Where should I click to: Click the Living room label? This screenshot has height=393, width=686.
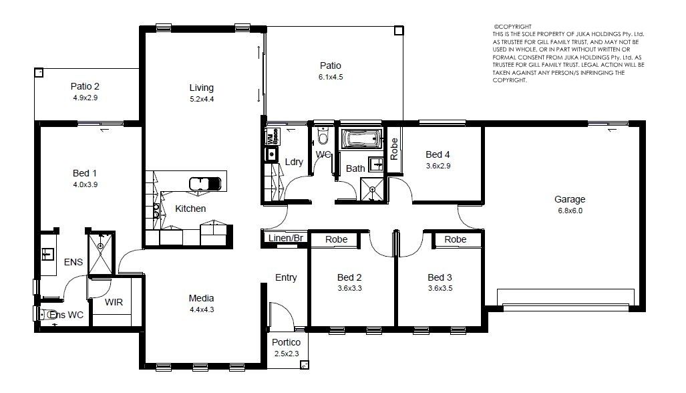[x=201, y=88]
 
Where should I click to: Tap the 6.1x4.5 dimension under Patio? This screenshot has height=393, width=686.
[x=331, y=77]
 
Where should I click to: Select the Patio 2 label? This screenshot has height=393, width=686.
[x=85, y=86]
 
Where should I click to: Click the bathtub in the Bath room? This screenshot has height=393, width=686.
[x=361, y=139]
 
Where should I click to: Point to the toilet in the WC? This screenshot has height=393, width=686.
[x=323, y=135]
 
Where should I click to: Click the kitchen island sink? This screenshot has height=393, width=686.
[x=205, y=184]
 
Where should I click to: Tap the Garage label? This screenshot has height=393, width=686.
[x=570, y=200]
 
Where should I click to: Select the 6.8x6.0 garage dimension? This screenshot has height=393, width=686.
[x=570, y=211]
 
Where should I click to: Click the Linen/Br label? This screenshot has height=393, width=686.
[x=286, y=238]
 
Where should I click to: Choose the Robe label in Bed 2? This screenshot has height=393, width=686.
[x=337, y=239]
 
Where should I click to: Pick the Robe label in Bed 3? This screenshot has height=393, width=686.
[x=456, y=239]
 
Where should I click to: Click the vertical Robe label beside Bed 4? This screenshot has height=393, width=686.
[x=394, y=149]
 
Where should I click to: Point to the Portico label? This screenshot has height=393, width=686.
[x=286, y=342]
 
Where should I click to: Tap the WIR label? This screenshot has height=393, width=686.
[x=114, y=302]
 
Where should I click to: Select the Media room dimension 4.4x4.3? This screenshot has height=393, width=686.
[x=202, y=309]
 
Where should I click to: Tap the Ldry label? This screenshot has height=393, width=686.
[x=294, y=162]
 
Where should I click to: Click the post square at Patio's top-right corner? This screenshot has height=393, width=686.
[x=398, y=31]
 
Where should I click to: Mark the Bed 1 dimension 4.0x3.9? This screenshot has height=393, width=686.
[x=85, y=184]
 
